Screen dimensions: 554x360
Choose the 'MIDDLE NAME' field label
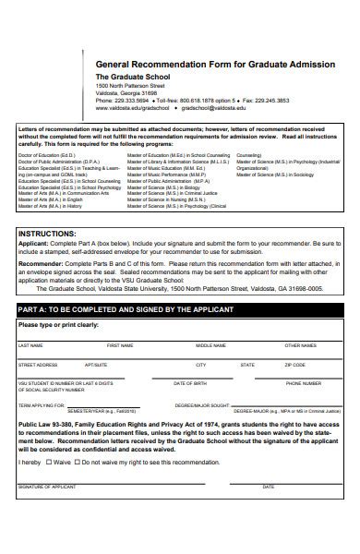point(210,345)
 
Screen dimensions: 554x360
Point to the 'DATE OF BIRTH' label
point(191,383)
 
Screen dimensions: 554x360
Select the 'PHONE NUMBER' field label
point(304,383)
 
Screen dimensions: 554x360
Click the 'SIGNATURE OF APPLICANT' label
point(46,486)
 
